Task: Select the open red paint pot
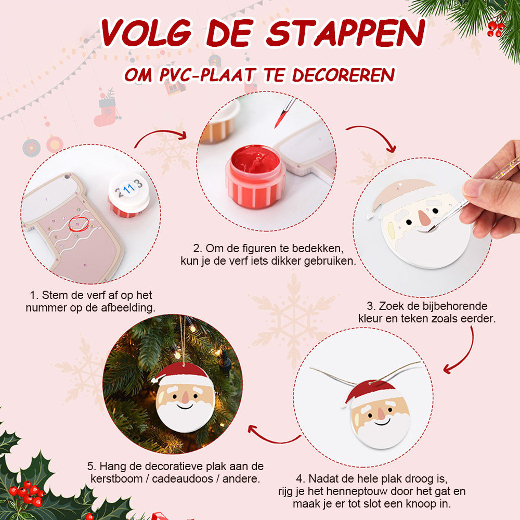click(x=255, y=176)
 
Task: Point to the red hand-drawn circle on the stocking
click(x=79, y=224)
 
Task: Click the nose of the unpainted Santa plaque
click(x=423, y=217)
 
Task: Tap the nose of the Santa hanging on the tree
click(x=185, y=397)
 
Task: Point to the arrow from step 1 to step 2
click(x=160, y=133)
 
